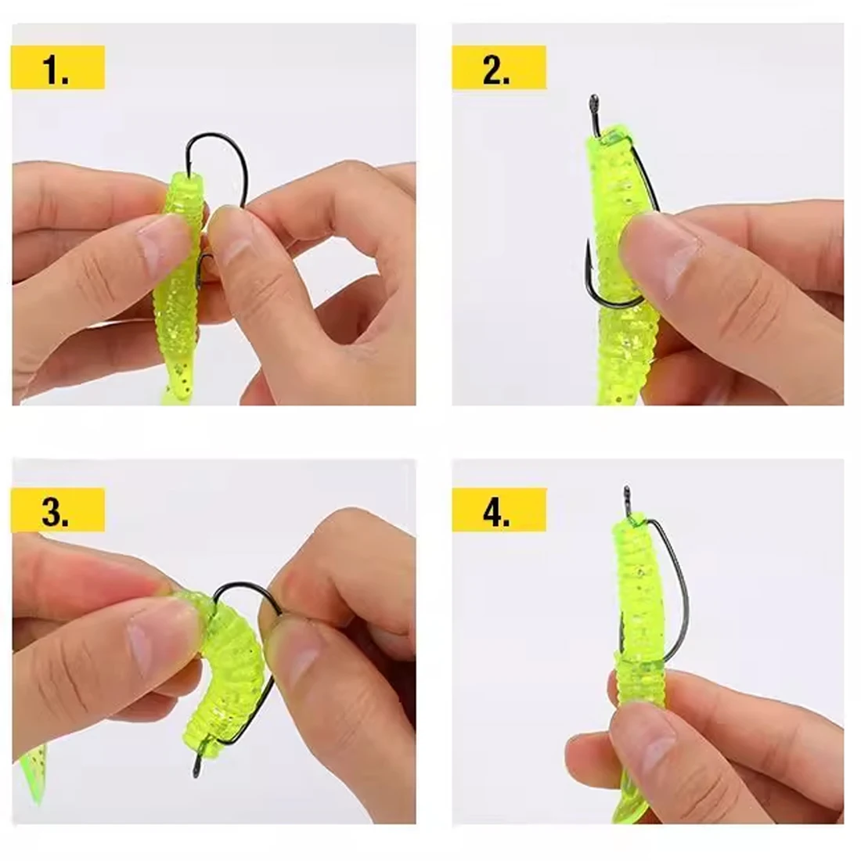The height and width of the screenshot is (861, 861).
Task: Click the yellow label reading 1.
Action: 58,67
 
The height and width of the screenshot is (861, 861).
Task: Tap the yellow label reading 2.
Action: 499,67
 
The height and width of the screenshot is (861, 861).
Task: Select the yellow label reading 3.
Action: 58,510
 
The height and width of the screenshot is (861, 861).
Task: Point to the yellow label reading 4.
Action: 499,510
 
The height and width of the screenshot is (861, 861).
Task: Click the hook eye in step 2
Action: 593,102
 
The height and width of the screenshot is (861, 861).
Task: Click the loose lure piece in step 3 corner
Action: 32,773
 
